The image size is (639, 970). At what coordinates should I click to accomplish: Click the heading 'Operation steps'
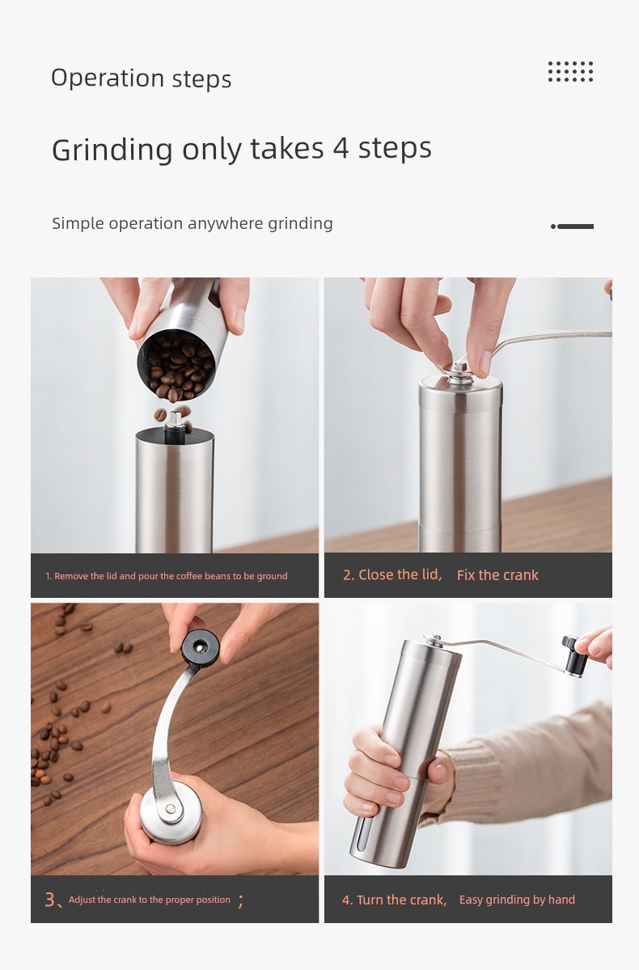(141, 78)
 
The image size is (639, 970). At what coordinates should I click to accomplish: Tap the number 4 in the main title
(341, 148)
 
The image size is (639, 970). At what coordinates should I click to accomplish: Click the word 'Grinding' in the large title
(112, 150)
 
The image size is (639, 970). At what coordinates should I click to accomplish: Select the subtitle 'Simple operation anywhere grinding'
(193, 223)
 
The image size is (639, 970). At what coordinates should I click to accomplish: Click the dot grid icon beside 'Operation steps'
(570, 72)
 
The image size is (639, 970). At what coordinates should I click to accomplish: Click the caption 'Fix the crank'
(497, 575)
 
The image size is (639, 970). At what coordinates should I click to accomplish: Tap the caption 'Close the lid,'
(392, 574)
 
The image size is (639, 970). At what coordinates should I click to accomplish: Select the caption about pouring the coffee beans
(167, 576)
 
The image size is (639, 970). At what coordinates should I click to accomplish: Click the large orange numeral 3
(49, 899)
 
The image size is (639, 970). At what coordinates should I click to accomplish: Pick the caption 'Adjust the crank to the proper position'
(149, 900)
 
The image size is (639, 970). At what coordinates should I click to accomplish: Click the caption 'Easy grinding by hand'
(517, 900)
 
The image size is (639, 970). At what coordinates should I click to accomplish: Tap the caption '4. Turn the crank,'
(394, 900)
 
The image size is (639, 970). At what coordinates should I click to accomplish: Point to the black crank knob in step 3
(201, 648)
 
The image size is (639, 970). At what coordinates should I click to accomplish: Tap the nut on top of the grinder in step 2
(459, 371)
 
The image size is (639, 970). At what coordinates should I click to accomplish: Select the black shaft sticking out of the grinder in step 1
(175, 427)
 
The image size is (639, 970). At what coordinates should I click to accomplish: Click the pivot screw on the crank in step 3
(171, 808)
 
